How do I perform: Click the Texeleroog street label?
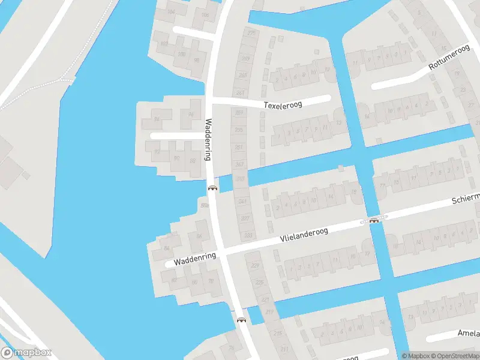point(283,104)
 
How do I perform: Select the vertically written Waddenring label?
point(209,140)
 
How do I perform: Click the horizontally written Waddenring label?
point(194,259)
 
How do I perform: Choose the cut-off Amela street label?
point(468,333)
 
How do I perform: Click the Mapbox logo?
point(26,352)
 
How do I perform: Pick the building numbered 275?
point(251,32)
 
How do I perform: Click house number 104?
point(171,11)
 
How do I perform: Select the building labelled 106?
point(206,15)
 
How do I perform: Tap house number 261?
point(241,92)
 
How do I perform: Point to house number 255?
point(239,130)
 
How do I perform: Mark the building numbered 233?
point(248,235)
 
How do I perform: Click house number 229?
point(255,265)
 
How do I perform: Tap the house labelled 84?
point(167,247)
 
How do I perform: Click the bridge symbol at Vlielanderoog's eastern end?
point(374,220)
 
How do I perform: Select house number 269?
point(245,58)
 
